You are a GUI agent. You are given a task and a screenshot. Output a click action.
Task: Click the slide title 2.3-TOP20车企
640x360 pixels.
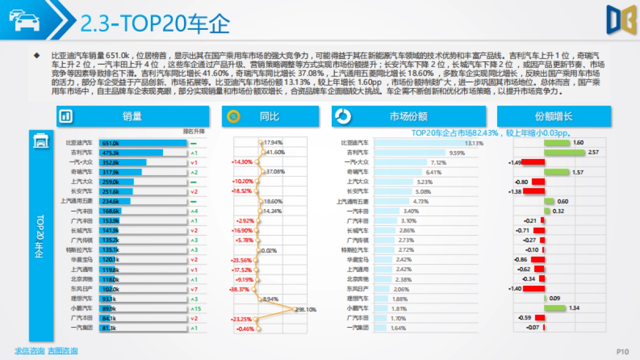tap(155, 23)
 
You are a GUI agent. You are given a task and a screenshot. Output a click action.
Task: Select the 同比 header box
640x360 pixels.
tap(270, 116)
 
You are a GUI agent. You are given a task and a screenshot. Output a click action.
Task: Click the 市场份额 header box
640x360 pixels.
tap(409, 116)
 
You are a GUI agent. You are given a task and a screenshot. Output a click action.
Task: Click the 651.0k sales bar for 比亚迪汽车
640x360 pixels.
tap(143, 143)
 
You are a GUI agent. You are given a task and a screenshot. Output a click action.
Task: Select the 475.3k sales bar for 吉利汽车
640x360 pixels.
tap(131, 153)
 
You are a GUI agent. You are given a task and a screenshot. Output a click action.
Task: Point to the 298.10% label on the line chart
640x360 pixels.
tap(306, 309)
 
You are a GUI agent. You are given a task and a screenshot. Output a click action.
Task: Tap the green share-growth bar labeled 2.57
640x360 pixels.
tap(564, 153)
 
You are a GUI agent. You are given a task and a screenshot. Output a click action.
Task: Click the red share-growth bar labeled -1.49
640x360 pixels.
tap(533, 162)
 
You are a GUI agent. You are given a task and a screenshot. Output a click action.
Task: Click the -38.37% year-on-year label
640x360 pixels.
tap(239, 289)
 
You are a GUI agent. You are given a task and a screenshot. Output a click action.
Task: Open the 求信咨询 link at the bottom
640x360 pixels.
tap(29, 351)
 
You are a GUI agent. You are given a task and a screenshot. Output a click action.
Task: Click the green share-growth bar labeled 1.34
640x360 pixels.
tap(555, 308)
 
